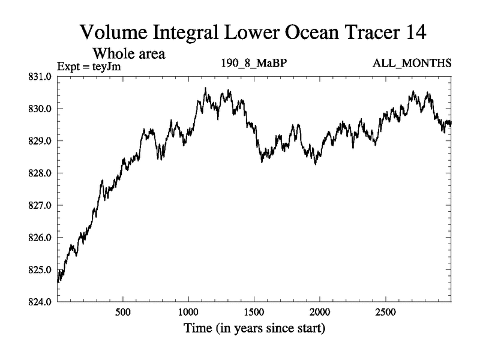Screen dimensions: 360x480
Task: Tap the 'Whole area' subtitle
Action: tap(128, 53)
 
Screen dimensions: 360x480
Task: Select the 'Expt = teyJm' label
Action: tap(89, 66)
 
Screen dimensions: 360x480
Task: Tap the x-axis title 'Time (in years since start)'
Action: tap(254, 329)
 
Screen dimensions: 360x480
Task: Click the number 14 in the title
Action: tap(414, 32)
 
